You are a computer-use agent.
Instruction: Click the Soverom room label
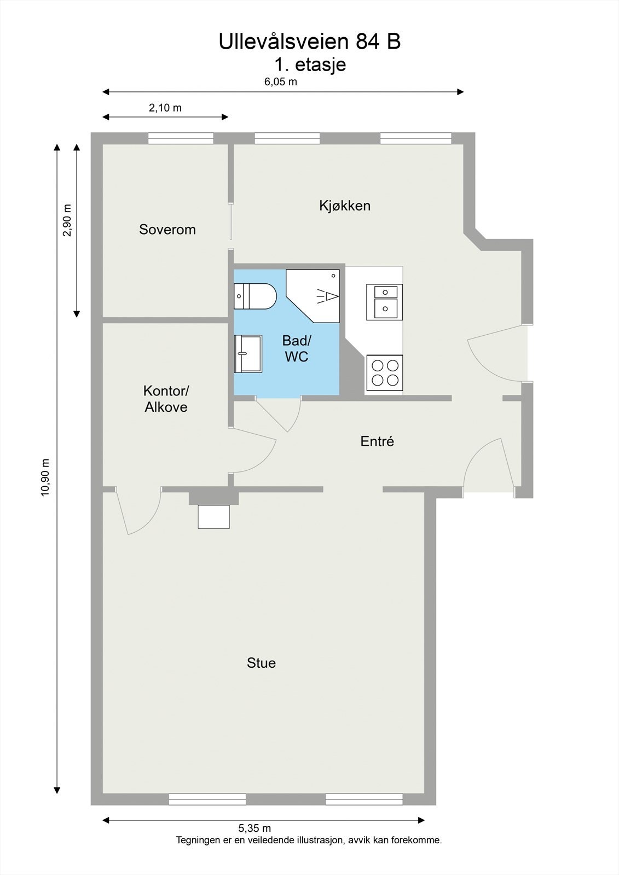pos(167,229)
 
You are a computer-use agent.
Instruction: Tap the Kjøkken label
pos(345,206)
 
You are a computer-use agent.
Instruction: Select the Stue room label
pos(261,663)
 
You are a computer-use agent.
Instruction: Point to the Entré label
pos(377,441)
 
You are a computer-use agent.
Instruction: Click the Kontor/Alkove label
pos(166,399)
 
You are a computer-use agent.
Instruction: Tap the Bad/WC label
pos(297,348)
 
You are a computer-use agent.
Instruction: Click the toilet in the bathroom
pos(255,296)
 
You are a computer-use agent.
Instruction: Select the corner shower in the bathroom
pos(313,296)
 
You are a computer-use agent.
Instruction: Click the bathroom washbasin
pos(248,353)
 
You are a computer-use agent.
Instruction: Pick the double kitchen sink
pos(384,302)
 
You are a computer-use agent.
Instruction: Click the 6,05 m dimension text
pos(281,81)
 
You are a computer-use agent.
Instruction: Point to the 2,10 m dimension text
pos(165,108)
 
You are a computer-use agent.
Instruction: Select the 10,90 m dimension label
pos(45,478)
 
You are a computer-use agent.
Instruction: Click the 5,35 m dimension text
pos(254,828)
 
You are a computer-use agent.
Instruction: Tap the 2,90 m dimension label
pos(67,220)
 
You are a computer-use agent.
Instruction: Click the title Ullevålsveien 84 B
pos(310,42)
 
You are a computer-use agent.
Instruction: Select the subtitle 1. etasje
pos(310,65)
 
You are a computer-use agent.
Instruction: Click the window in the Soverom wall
pos(181,138)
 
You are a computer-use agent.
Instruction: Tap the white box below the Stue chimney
pos(213,517)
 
